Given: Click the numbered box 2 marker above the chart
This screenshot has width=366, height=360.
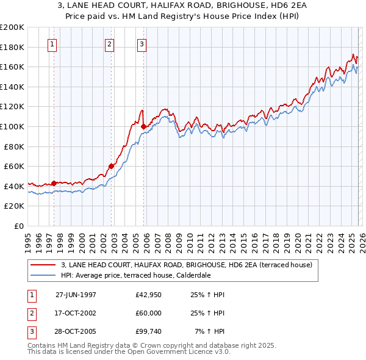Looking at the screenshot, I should pos(109,44).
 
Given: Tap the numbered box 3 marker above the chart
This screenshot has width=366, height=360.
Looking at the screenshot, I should pos(142,44).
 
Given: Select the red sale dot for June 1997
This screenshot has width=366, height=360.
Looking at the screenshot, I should pos(54,183).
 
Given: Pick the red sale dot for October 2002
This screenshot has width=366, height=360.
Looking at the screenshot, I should pos(112,166).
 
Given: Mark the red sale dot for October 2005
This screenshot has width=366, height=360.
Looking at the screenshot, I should pos(144,127).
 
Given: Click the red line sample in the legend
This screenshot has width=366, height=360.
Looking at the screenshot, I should pos(43,265).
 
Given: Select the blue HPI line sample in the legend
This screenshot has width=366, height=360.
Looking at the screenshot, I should pos(43,275).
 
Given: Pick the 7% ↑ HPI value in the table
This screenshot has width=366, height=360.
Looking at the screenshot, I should pos(209,333).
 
